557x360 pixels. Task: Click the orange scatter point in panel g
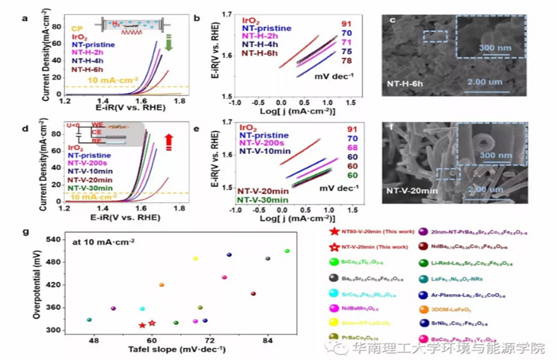[x=161, y=285]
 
